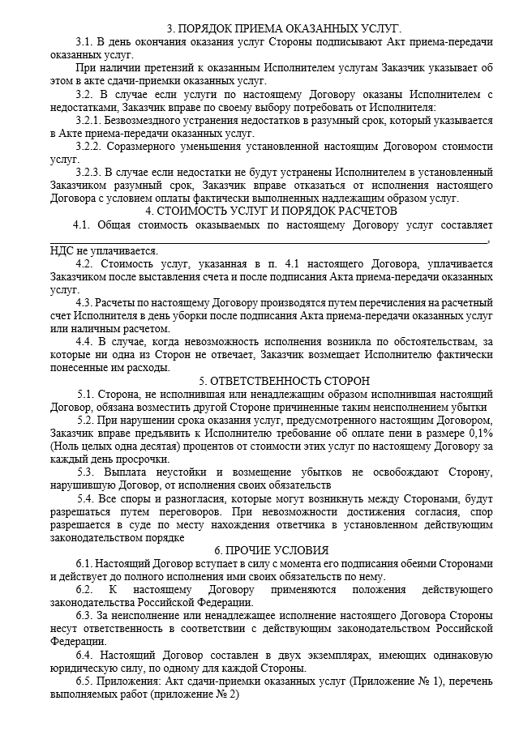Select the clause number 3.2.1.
(92, 120)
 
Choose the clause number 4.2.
(84, 263)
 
